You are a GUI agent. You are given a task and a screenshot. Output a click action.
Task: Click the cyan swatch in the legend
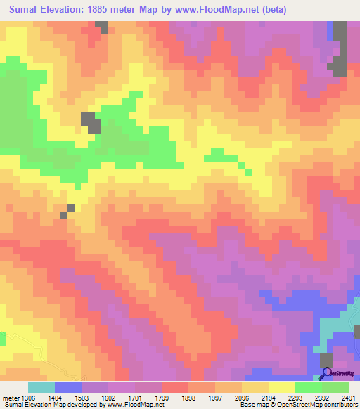(41, 387)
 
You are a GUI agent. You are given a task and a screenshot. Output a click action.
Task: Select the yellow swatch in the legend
(282, 387)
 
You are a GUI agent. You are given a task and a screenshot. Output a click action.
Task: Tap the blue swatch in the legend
(68, 387)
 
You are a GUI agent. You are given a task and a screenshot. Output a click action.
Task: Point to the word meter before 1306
(10, 397)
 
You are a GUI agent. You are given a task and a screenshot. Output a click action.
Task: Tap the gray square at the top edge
(102, 27)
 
